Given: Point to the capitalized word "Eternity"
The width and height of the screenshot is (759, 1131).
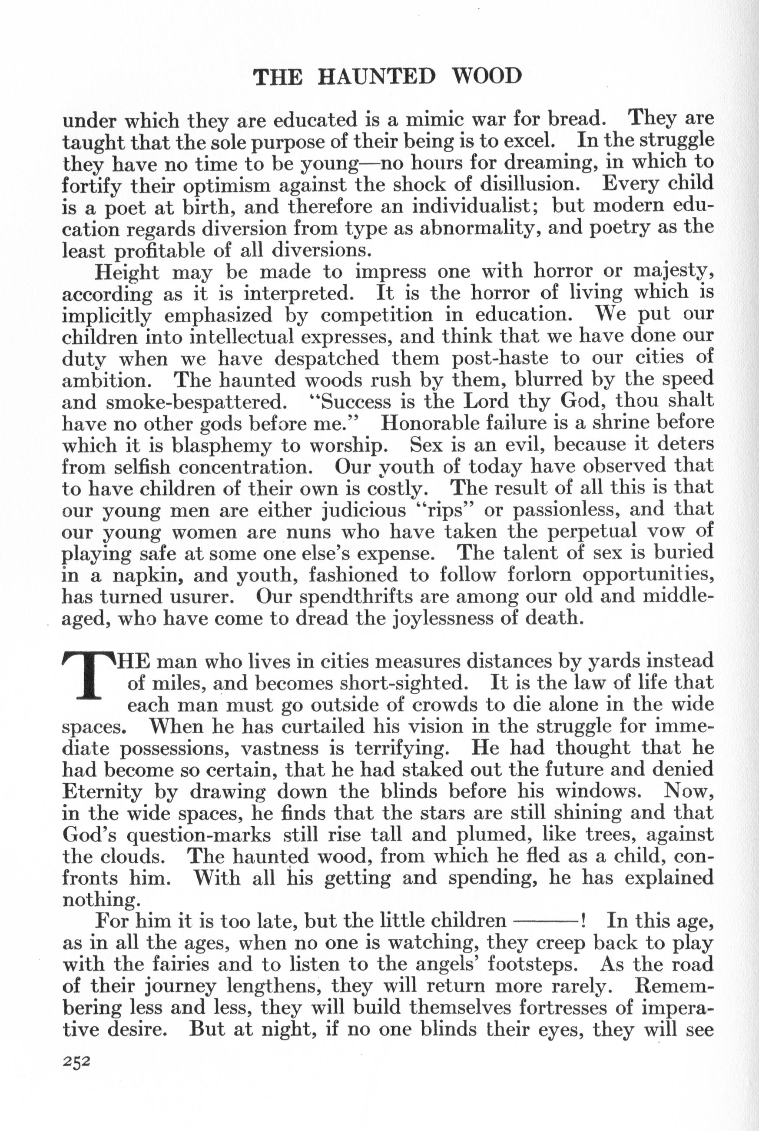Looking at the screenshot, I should tap(102, 792).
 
